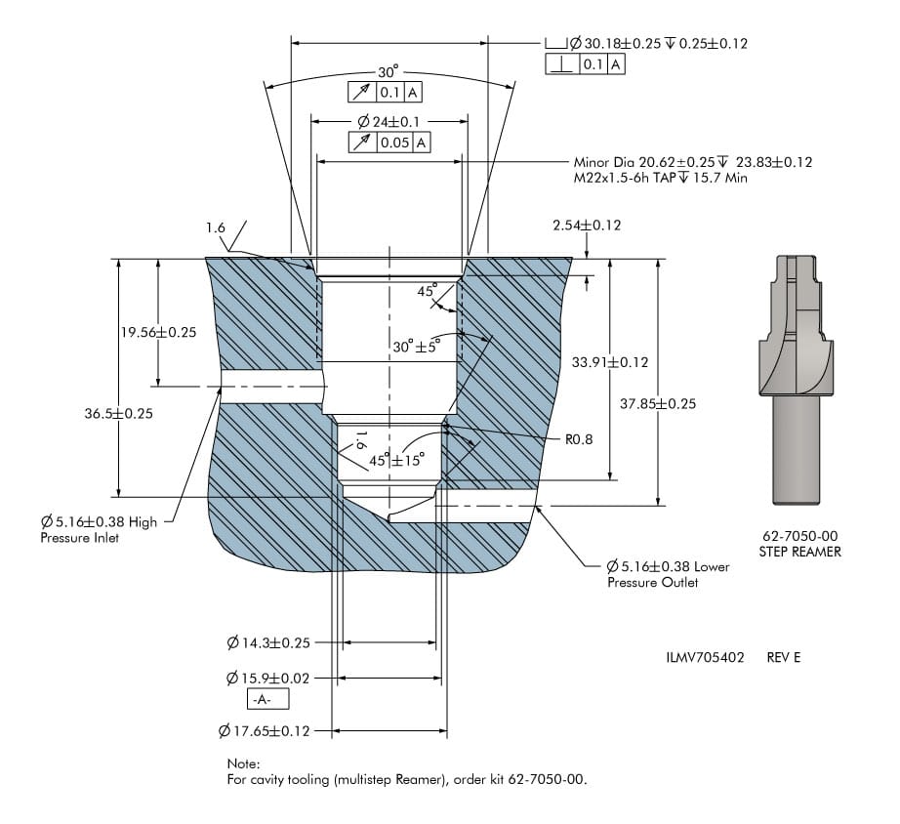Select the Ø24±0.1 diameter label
pos(389,122)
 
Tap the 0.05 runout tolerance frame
pos(389,143)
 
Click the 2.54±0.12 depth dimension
pos(587,226)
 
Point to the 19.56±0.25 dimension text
pos(158,332)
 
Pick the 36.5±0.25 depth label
pos(119,413)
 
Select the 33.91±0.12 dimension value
pos(610,362)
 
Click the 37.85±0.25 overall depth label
pos(658,403)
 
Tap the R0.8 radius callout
pos(579,440)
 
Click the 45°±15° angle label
pos(396,460)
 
